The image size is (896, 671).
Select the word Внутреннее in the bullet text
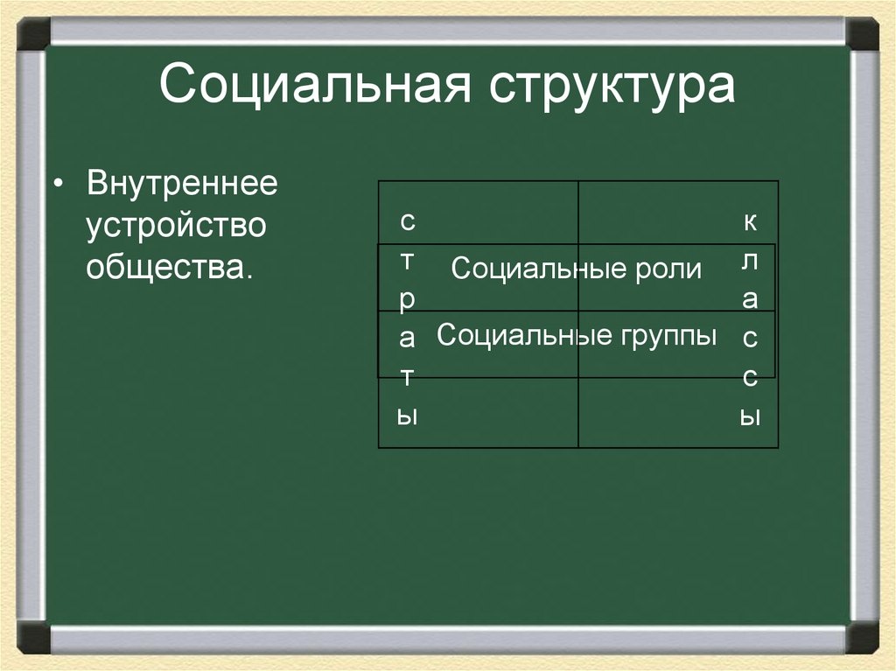tap(181, 185)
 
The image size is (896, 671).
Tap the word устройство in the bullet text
tap(175, 227)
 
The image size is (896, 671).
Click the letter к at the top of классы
tap(750, 221)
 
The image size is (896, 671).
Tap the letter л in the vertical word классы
tap(750, 261)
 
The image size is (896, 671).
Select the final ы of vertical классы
tap(749, 416)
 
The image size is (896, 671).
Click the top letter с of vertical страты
tap(407, 221)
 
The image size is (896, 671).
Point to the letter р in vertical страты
tap(407, 300)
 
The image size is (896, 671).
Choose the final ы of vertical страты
tap(407, 416)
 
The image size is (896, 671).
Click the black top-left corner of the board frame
tap(33, 34)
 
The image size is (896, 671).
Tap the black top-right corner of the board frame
tap(862, 34)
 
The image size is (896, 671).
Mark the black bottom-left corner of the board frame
tap(33, 637)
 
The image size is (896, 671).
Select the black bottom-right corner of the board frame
tap(862, 637)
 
